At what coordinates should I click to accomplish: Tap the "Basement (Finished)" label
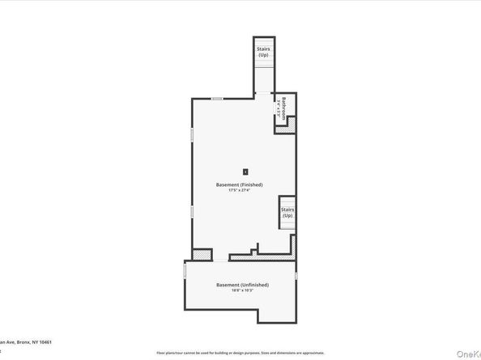[244, 184]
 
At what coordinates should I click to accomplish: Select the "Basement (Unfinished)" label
[242, 285]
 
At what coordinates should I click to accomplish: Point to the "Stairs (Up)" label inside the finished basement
[287, 213]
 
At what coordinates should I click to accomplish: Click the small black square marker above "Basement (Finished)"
[245, 171]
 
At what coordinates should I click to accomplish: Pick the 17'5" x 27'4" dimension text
[244, 191]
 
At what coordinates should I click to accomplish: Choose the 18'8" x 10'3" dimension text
[242, 291]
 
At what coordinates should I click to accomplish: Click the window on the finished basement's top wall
[217, 99]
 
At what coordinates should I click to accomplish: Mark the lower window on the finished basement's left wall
[191, 211]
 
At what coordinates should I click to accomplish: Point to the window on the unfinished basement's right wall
[298, 277]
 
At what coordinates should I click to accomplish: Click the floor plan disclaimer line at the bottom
[243, 354]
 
